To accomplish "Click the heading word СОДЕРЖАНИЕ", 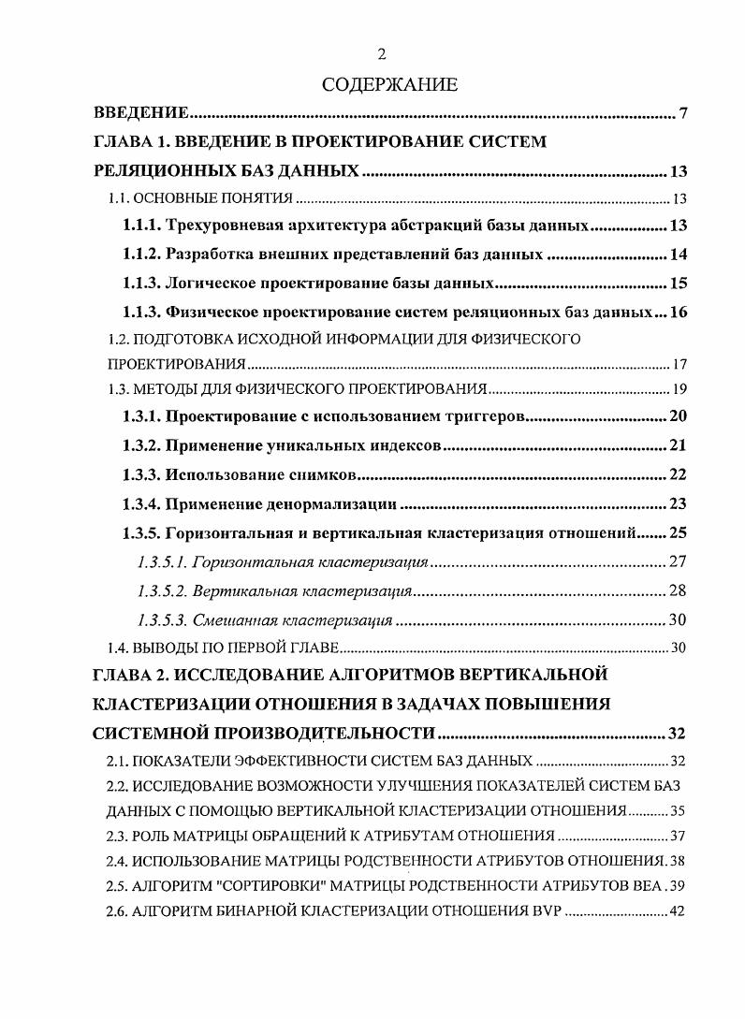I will click(389, 85).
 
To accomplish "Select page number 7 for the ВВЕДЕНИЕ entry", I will click(683, 114).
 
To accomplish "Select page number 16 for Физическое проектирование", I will click(679, 312).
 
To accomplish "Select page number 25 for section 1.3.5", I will click(679, 533).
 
